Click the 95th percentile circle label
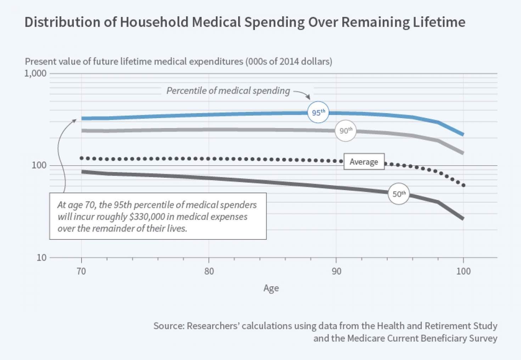point(318,112)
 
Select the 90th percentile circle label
point(346,131)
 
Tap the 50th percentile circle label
point(399,194)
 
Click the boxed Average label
point(364,162)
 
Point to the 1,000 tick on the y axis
point(35,73)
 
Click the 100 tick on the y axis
point(39,165)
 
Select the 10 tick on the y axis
point(41,257)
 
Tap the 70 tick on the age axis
point(81,271)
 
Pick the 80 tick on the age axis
point(209,271)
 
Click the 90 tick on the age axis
point(336,271)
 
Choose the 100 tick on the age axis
point(463,271)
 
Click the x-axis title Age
point(271,288)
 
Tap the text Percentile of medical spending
point(228,91)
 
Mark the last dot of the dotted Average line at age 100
point(463,185)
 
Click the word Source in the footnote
point(168,326)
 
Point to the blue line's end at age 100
point(463,134)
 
